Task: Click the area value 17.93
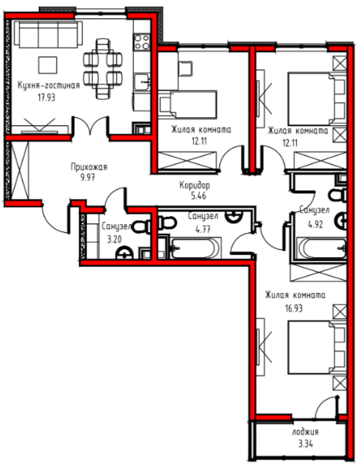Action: point(47,97)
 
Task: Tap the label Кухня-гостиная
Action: point(49,86)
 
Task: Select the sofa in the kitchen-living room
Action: point(48,34)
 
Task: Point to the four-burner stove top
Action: point(142,42)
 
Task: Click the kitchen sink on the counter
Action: point(142,81)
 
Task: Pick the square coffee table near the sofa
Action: point(48,65)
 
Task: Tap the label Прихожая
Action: point(89,167)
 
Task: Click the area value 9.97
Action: point(87,178)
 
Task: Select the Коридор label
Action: point(195,185)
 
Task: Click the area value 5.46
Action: point(198,196)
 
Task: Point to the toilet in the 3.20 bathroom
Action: point(142,228)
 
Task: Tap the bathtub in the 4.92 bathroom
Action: point(322,248)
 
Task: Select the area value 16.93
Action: point(294,308)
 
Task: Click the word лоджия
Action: point(305,432)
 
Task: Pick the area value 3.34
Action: point(305,444)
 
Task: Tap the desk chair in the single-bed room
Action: point(185,69)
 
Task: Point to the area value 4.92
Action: point(315,225)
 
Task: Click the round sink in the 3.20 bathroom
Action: point(124,254)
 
